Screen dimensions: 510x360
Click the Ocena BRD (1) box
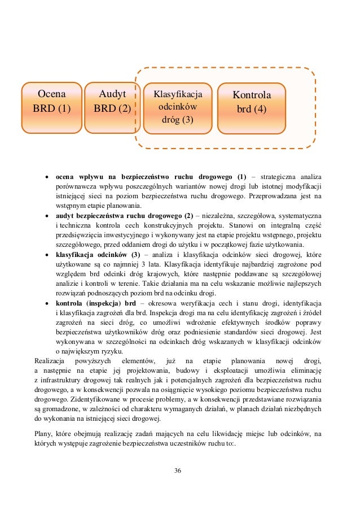point(51,101)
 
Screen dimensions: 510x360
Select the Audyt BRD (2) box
point(112,101)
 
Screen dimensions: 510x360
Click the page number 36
point(178,470)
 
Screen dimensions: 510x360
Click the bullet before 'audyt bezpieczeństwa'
point(47,216)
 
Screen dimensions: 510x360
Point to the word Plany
point(43,434)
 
